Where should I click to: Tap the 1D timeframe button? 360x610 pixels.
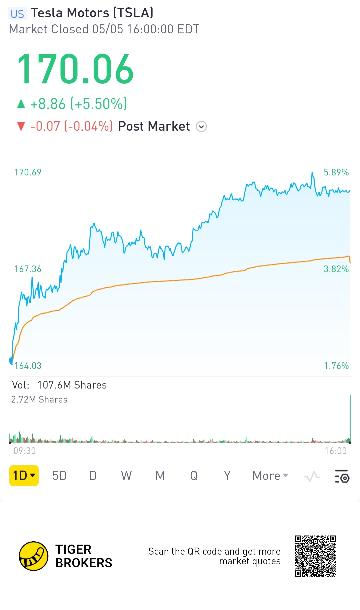(24, 475)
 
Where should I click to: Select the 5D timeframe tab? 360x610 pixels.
(60, 476)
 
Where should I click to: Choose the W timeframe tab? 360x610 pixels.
(126, 476)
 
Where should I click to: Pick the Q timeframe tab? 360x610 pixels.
(194, 476)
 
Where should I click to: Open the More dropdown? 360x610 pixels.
(270, 476)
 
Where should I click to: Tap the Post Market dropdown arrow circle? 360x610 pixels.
(201, 127)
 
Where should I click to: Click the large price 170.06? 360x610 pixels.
(76, 69)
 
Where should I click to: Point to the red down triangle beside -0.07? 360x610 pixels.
(21, 127)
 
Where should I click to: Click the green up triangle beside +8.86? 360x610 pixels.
(21, 104)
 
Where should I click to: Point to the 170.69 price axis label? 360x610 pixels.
(28, 172)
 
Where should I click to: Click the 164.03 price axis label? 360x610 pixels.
(28, 366)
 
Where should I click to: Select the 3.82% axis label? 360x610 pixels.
(336, 269)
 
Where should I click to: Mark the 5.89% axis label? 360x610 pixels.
(336, 172)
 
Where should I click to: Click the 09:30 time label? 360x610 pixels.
(25, 451)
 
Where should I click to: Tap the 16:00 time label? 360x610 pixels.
(336, 451)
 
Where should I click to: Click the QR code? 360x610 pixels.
(315, 556)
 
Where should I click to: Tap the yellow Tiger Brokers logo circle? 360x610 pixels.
(34, 556)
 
